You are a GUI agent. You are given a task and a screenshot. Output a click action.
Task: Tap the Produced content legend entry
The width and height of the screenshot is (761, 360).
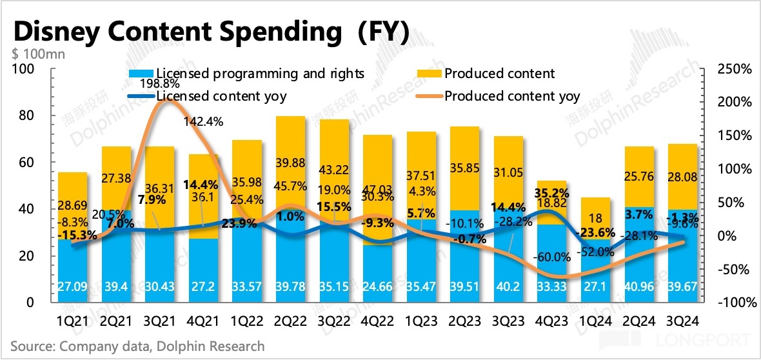[499, 74]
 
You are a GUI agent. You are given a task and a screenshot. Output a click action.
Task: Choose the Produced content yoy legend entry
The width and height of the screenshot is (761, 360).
[512, 96]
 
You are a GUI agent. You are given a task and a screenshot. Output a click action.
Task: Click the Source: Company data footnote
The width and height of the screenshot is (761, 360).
[138, 346]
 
